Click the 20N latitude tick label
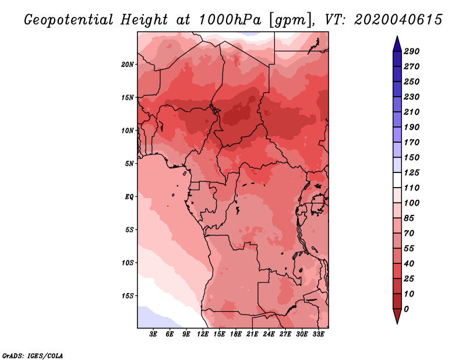click(128, 64)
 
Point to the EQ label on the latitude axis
click(129, 196)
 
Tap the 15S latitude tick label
click(128, 296)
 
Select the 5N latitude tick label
click(129, 164)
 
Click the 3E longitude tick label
click(153, 334)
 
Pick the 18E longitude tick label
click(236, 334)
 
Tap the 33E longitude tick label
click(318, 334)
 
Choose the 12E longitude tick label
click(203, 334)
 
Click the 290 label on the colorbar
click(412, 51)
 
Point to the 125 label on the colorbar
click(412, 172)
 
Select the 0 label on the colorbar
click(406, 309)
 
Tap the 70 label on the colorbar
click(409, 234)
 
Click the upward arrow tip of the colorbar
click(397, 36)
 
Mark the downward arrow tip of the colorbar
click(397, 323)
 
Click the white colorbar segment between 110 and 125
click(397, 180)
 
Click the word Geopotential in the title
click(68, 20)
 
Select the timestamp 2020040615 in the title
click(398, 20)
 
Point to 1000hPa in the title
click(230, 20)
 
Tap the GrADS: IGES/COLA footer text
click(33, 356)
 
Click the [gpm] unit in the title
click(291, 20)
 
